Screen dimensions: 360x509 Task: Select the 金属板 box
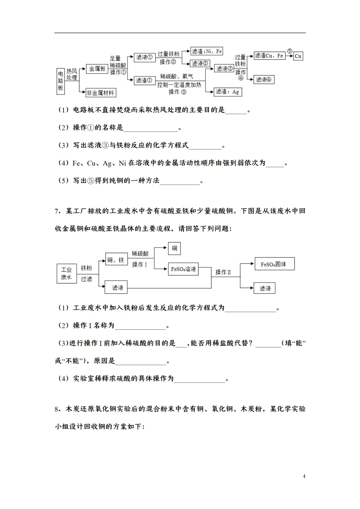click(97, 69)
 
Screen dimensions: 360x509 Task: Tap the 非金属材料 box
click(100, 93)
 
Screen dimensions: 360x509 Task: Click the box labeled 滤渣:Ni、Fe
click(207, 51)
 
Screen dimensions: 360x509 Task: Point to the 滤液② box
click(200, 63)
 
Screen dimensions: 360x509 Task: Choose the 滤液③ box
click(224, 69)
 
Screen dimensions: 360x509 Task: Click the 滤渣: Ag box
click(227, 92)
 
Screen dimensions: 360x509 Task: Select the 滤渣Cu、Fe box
click(269, 56)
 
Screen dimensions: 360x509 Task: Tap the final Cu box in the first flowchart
click(298, 56)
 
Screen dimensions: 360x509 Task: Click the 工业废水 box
click(66, 273)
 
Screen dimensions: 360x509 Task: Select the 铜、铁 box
click(116, 260)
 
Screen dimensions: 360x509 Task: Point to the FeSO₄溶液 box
click(183, 269)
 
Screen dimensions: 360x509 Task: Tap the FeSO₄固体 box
click(274, 264)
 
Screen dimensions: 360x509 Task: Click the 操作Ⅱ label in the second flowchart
click(223, 272)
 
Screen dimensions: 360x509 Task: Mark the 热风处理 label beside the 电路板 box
click(72, 74)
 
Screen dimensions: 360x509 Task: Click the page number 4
click(304, 476)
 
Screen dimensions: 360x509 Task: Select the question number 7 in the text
click(57, 211)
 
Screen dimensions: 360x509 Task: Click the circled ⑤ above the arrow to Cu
click(289, 51)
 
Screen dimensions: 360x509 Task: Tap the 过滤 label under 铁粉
click(86, 279)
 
